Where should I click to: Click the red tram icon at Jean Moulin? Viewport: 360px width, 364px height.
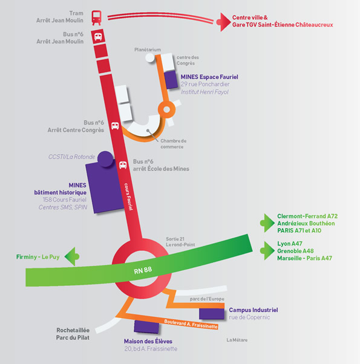[x=96, y=18]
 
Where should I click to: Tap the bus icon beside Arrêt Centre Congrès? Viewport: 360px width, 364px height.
[x=115, y=126]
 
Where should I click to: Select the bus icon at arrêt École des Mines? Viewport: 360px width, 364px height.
[x=123, y=165]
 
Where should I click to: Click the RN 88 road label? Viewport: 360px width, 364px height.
[x=143, y=270]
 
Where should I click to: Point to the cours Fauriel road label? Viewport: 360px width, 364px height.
[x=129, y=197]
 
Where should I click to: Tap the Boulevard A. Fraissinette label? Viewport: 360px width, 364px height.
[x=191, y=324]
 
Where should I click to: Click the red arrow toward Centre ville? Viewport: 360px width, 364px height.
[x=223, y=22]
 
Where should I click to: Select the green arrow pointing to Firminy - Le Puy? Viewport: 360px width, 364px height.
[x=72, y=256]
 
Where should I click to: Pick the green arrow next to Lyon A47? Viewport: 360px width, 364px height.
[x=267, y=250]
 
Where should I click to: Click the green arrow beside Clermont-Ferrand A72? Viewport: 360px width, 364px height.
[x=267, y=223]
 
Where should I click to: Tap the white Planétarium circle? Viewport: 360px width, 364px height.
[x=150, y=58]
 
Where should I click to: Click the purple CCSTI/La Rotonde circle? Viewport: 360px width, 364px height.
[x=105, y=159]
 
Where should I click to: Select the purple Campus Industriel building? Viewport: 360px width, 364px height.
[x=212, y=314]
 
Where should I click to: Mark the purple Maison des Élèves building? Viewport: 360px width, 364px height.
[x=146, y=327]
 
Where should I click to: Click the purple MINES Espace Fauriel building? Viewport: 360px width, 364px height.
[x=171, y=80]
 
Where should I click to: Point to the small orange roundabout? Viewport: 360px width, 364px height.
[x=166, y=109]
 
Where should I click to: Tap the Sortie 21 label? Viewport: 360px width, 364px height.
[x=175, y=239]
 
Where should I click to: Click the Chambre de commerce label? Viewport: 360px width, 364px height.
[x=173, y=144]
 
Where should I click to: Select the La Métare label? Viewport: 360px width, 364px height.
[x=237, y=340]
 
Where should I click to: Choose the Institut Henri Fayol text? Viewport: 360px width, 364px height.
[x=205, y=92]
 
